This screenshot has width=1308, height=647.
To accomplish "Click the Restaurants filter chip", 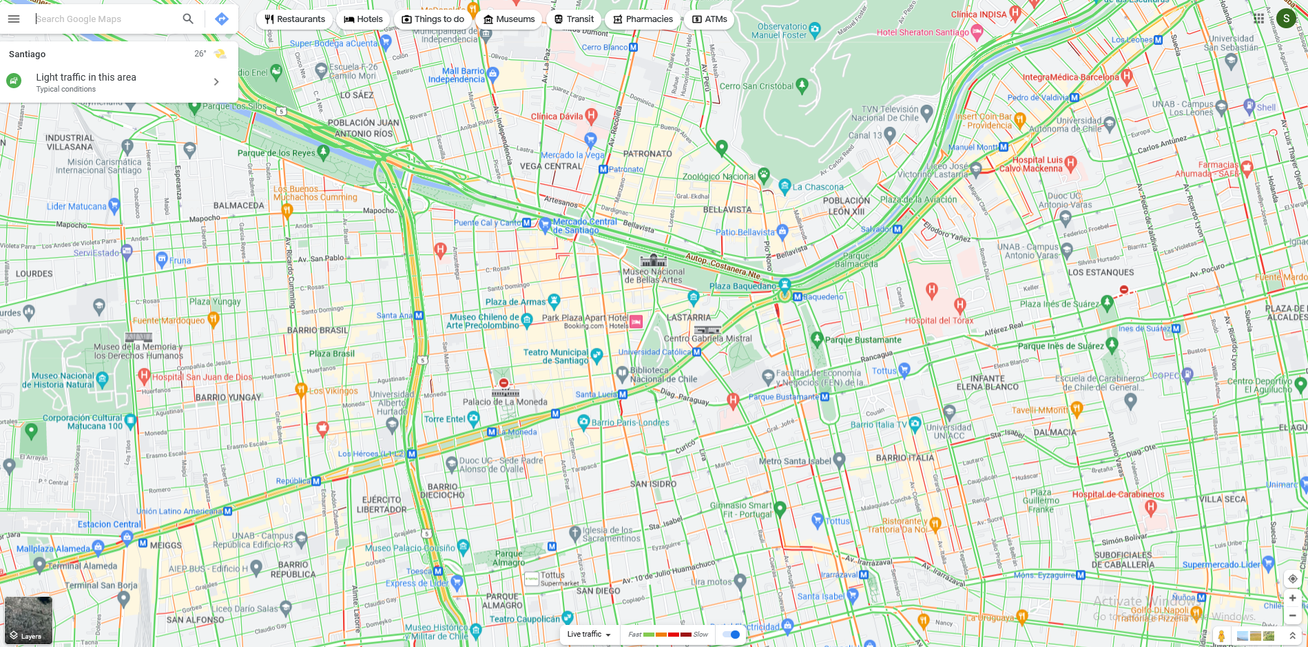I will (x=295, y=19).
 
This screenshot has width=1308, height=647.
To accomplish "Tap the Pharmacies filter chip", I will (x=643, y=19).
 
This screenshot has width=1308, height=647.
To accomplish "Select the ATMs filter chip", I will (x=709, y=19).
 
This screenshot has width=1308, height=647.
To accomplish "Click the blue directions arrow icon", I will (x=222, y=19).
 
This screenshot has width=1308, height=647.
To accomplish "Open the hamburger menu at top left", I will (x=14, y=19).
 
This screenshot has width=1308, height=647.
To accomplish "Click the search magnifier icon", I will (x=188, y=19).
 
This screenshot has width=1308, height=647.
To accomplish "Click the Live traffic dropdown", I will (x=589, y=635).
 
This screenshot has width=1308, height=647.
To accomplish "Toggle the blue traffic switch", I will (x=731, y=635).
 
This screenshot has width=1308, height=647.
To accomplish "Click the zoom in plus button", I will (x=1292, y=598).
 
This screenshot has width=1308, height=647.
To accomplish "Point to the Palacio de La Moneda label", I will (x=505, y=402).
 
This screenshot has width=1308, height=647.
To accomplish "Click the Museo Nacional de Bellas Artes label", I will (x=653, y=276).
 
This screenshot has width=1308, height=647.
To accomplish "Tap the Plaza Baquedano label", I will (x=743, y=286).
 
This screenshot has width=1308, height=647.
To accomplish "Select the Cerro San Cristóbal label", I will (x=756, y=86).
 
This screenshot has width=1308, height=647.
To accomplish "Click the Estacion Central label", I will (x=109, y=524).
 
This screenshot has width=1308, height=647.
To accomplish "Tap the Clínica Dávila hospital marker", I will (x=591, y=115).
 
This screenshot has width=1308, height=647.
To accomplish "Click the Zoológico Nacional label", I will (x=718, y=176).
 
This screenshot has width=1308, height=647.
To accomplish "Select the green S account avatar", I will (x=1286, y=19).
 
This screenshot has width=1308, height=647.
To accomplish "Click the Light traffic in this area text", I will (x=86, y=77).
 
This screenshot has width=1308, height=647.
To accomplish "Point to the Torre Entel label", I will (x=444, y=419).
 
